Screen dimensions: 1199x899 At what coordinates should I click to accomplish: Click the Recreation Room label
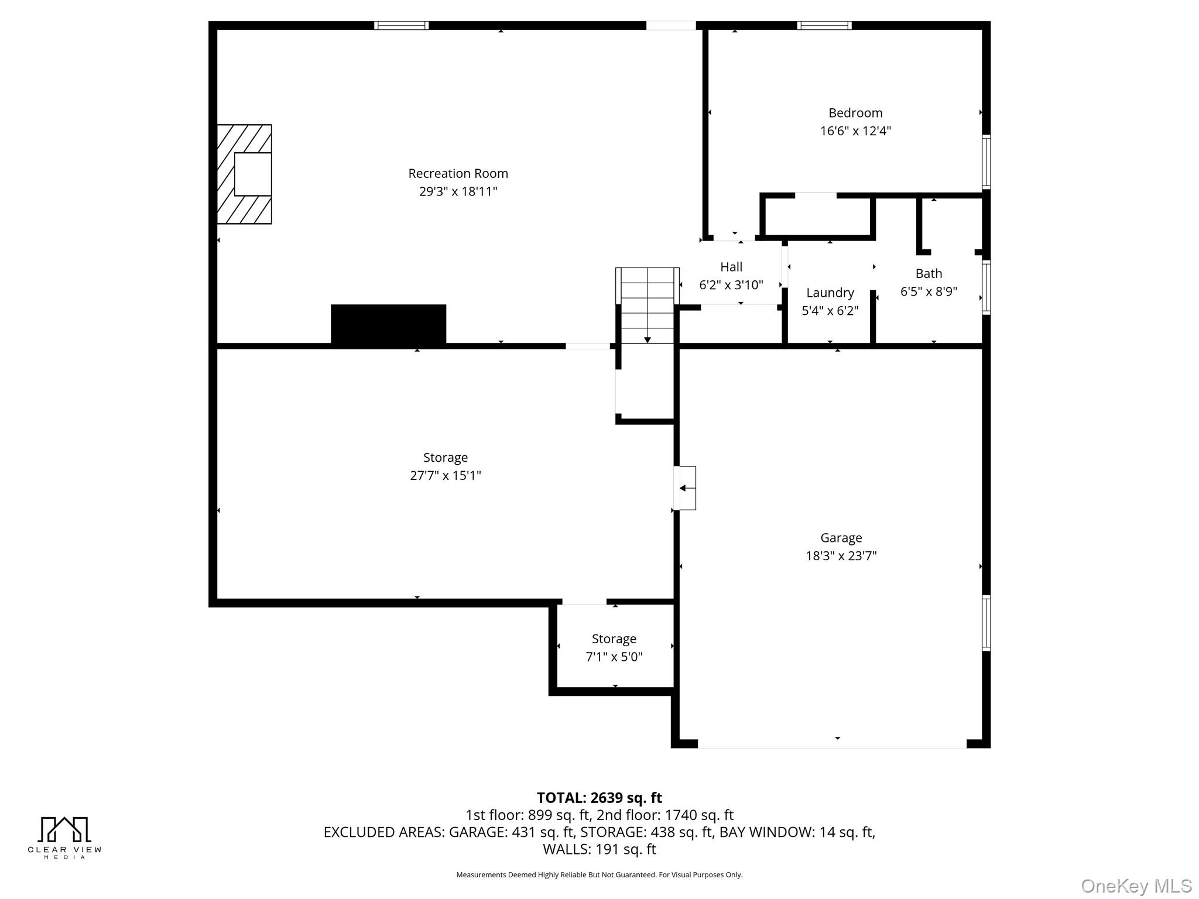coord(458,173)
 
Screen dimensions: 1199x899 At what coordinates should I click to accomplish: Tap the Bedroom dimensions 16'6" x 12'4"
coord(855,131)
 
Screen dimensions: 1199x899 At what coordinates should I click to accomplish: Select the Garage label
coord(841,538)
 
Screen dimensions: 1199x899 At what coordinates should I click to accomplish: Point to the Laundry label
coord(830,293)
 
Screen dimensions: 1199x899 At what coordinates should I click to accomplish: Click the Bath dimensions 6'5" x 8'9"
coord(929,291)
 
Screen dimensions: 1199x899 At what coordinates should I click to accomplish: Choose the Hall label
coord(731,267)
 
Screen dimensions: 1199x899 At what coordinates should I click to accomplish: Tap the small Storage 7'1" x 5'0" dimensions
coord(614,657)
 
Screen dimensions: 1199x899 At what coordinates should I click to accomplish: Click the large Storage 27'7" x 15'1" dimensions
coord(445,475)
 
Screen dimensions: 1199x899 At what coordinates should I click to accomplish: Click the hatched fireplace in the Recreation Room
coord(244,174)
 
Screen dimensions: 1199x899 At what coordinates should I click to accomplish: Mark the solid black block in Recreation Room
coord(388,325)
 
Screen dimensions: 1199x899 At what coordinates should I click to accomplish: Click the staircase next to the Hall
coord(647,306)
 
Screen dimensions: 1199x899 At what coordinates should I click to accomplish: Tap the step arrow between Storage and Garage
coord(684,488)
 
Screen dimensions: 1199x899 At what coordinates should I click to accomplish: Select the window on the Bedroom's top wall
coord(824,25)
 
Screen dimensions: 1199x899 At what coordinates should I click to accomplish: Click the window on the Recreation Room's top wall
coord(402,25)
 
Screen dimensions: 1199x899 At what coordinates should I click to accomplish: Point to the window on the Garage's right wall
coord(986,623)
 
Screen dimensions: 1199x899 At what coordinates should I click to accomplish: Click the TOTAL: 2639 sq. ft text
coord(599,798)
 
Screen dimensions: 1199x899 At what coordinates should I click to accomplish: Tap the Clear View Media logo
coord(64,838)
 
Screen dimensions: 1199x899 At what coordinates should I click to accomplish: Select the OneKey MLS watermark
coord(1136,886)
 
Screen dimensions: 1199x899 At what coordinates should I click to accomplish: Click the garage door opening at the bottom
coord(832,744)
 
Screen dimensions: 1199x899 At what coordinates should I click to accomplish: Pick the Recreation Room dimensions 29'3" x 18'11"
coord(458,191)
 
